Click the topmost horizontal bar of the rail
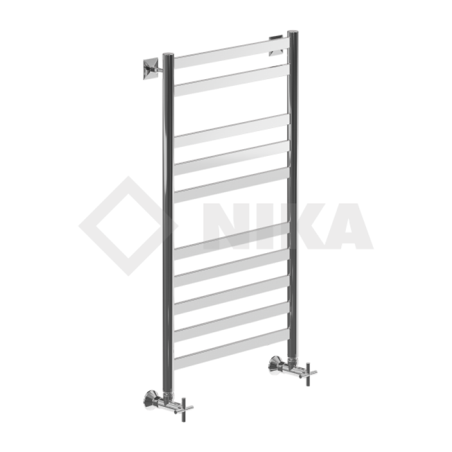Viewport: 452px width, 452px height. tap(232, 53)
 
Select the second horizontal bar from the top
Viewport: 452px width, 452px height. tap(232, 80)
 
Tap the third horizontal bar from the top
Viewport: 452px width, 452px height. tap(232, 131)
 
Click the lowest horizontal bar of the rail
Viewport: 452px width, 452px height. tap(232, 349)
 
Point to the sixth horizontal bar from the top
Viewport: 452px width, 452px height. tap(232, 241)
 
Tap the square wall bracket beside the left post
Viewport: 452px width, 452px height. tap(151, 68)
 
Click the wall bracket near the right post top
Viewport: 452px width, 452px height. tap(276, 46)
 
